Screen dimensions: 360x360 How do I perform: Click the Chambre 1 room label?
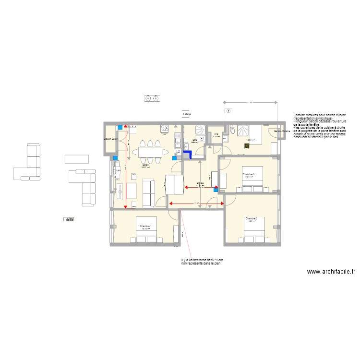click(145, 226)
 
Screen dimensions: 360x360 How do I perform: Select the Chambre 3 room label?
click(249, 174)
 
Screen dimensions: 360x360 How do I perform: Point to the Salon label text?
click(144, 165)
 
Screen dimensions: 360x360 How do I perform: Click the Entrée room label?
click(201, 183)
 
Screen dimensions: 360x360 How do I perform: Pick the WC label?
click(216, 134)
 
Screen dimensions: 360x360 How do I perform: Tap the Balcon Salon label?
click(111, 139)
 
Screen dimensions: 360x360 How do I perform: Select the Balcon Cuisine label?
click(282, 131)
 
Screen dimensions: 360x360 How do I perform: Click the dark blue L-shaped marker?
click(188, 155)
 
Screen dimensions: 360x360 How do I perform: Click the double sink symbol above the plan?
click(151, 98)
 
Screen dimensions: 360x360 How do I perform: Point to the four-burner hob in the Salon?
click(164, 128)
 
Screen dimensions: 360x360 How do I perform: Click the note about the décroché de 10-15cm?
click(202, 262)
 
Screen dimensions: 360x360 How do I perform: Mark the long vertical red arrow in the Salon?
click(126, 166)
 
